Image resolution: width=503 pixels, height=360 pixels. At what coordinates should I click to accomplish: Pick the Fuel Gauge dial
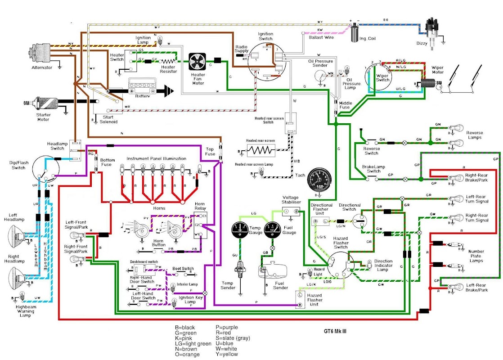(273, 229)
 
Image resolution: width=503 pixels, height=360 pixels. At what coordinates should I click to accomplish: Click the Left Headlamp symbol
(18, 234)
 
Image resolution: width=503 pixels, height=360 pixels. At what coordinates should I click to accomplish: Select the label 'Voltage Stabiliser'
(290, 200)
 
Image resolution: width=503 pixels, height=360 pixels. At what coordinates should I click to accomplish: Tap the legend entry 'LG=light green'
(193, 343)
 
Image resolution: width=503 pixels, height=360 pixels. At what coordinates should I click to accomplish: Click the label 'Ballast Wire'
(321, 37)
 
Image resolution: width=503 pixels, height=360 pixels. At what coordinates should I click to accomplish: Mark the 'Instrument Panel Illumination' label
(156, 159)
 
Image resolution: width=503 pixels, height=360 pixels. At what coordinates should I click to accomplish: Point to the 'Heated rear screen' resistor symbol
(260, 148)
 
